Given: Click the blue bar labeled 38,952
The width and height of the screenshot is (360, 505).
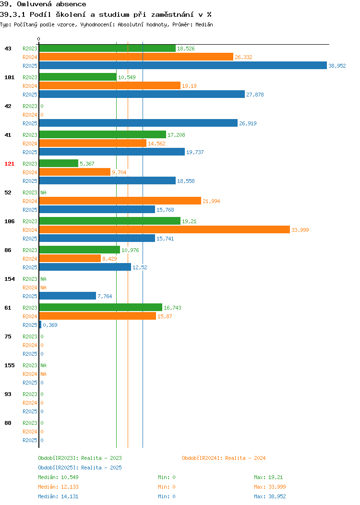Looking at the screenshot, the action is click(x=183, y=65).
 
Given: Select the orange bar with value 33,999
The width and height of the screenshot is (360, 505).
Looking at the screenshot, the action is click(x=165, y=229).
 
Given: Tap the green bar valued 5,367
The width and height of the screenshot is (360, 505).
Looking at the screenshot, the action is click(x=59, y=163).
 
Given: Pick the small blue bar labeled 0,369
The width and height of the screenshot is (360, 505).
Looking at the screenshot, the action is click(x=40, y=325).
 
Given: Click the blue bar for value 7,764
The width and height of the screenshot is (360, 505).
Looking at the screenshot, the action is click(x=68, y=296).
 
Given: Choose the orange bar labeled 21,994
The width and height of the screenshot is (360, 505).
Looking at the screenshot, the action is click(x=120, y=201).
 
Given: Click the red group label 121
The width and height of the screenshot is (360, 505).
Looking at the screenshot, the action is click(x=9, y=164).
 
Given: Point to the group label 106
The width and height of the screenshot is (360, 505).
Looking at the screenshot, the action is click(x=9, y=221).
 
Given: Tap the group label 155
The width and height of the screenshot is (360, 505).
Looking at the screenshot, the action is click(x=9, y=365).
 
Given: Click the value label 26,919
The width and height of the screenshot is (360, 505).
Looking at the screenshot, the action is click(x=248, y=123).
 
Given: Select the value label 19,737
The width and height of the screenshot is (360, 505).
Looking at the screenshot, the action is click(x=195, y=152).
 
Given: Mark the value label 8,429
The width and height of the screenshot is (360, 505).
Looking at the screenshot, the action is click(x=109, y=259).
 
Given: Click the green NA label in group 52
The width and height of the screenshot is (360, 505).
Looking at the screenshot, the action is click(x=44, y=192).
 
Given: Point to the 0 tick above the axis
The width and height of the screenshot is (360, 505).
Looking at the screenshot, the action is click(x=39, y=39).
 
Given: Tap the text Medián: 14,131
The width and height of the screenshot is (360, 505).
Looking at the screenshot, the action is click(x=58, y=496).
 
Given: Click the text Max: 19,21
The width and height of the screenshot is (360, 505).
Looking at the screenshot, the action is click(x=268, y=477).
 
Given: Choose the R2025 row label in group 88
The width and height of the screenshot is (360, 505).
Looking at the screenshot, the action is click(x=30, y=440).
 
